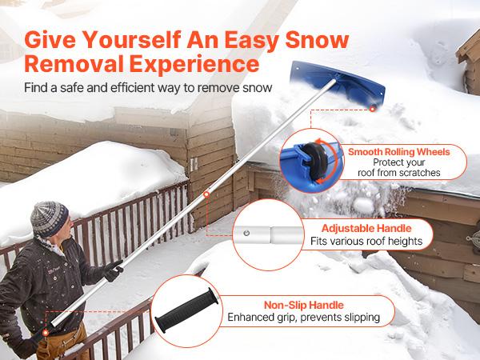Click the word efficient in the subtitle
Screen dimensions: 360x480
[135, 85]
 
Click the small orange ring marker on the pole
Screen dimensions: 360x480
[206, 193]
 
